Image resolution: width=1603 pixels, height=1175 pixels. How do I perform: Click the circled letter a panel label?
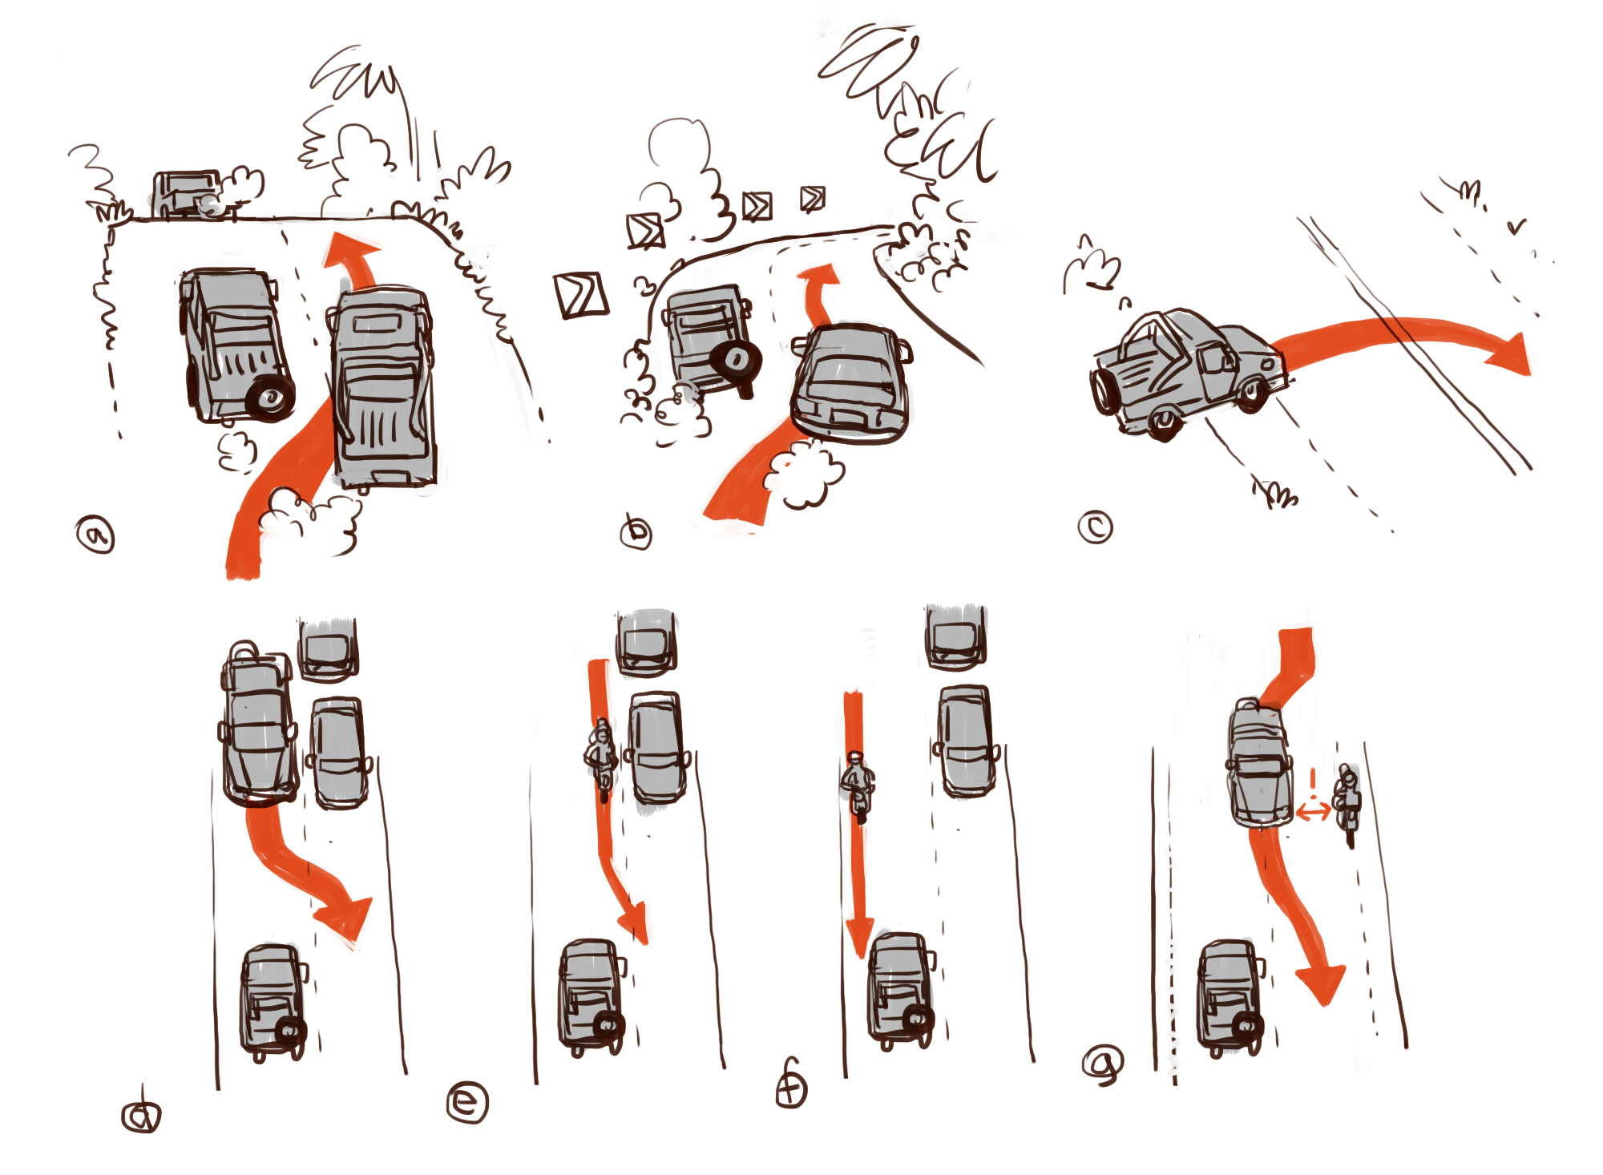point(95,535)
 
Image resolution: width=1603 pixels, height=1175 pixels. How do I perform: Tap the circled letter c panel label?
point(1095,527)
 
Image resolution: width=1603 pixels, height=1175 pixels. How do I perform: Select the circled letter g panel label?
point(1103,1064)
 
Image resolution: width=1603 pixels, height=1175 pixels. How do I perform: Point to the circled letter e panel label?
point(467,1102)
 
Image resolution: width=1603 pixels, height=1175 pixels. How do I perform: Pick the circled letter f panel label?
point(792,1086)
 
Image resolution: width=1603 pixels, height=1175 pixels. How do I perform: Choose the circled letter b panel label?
point(636,532)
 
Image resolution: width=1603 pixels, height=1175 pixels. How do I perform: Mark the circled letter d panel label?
point(141,1114)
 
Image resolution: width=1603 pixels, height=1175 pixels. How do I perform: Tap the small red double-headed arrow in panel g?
point(1313,813)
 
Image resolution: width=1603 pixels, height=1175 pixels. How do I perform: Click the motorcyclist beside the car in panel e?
point(601,760)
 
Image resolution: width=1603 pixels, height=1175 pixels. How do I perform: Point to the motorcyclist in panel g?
point(1348,805)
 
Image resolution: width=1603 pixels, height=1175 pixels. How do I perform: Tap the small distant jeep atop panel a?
point(186,193)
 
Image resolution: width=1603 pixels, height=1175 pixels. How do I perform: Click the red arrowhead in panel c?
point(1508,354)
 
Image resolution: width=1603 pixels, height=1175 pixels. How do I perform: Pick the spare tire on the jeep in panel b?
point(736,362)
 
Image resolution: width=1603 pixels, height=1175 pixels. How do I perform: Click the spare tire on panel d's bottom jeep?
point(289,1030)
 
